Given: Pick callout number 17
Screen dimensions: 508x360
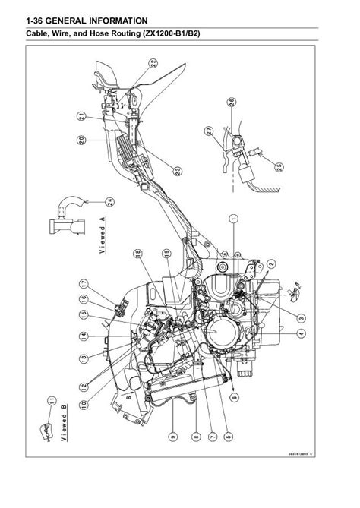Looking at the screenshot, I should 85,284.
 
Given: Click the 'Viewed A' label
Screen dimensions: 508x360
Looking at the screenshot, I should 106,238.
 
